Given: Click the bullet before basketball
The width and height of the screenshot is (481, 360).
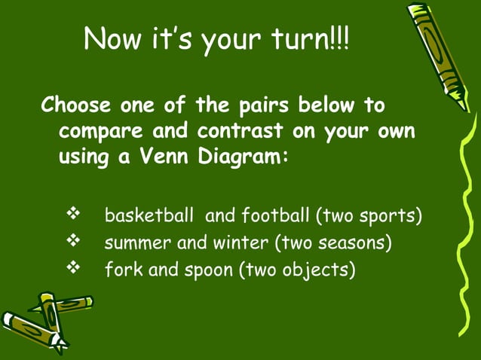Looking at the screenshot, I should [74, 216].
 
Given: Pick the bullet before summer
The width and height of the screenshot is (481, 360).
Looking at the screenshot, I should [74, 243].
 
